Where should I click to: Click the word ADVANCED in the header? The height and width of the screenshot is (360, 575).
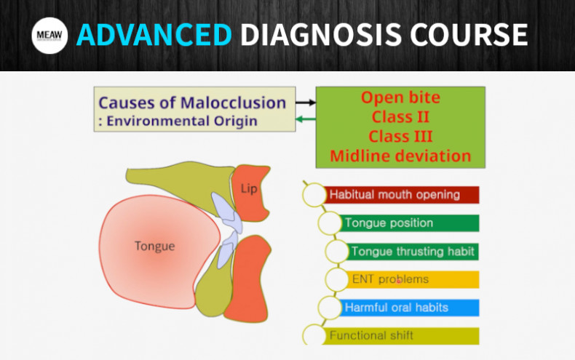click(154, 35)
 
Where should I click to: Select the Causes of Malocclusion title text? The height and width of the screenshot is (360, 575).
click(192, 103)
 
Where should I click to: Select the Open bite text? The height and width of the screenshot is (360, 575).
click(400, 97)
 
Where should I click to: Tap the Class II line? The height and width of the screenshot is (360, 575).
click(400, 116)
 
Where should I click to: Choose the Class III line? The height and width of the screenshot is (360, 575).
click(400, 136)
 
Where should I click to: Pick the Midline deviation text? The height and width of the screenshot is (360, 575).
click(400, 156)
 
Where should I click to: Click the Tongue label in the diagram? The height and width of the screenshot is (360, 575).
click(154, 246)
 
